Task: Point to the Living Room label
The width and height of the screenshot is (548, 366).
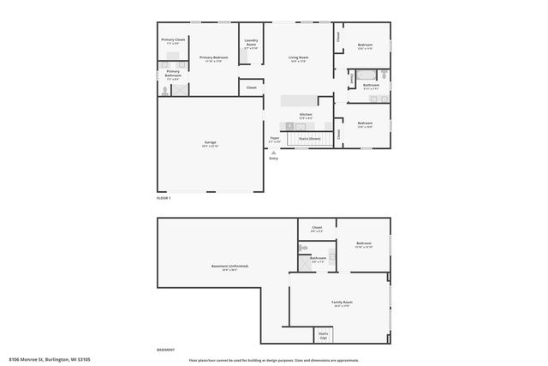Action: click(x=298, y=58)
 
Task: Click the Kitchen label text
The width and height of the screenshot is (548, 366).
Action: click(x=306, y=115)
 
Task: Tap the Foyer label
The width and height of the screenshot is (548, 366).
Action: click(x=275, y=138)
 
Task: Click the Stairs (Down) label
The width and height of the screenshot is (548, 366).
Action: click(x=308, y=137)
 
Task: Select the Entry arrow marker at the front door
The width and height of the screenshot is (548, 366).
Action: click(x=274, y=153)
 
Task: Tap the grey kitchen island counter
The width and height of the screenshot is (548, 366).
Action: click(x=305, y=101)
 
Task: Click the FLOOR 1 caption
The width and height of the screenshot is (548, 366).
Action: click(x=164, y=198)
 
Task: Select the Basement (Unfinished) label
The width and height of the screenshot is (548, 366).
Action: click(x=229, y=267)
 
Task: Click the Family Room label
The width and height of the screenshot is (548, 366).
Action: click(x=342, y=303)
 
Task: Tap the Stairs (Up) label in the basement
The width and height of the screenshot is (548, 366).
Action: click(x=324, y=335)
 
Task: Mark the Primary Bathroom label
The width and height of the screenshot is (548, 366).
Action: click(x=173, y=74)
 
